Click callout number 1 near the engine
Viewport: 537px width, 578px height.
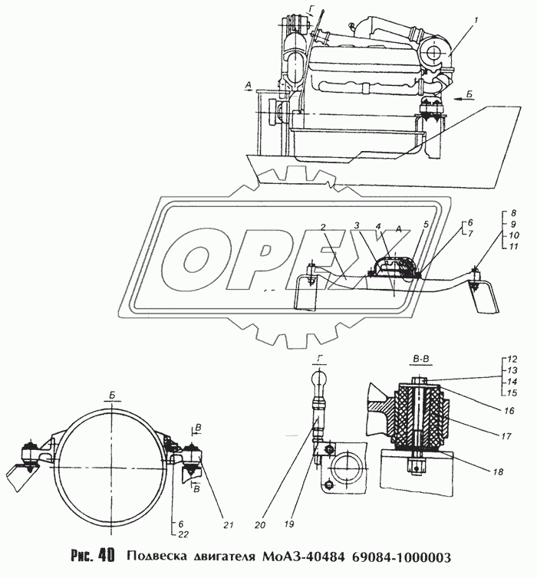tap(476, 21)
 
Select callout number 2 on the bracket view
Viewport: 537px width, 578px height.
tap(323, 228)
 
